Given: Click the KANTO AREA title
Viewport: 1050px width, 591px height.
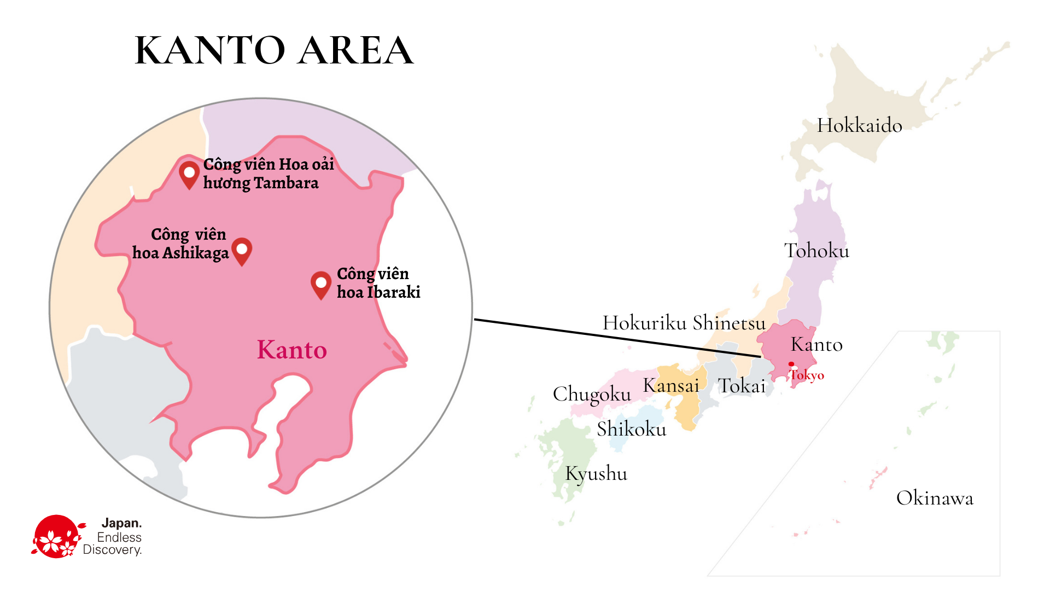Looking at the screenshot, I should click(274, 50).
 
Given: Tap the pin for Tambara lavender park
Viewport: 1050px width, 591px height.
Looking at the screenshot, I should click(189, 174).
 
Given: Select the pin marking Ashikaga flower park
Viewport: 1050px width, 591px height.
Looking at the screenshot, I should click(242, 251).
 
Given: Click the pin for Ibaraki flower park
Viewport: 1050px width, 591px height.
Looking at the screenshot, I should click(321, 284).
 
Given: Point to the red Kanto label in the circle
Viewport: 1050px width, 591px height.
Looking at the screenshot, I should click(292, 350).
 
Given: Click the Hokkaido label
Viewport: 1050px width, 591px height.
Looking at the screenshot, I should click(859, 125).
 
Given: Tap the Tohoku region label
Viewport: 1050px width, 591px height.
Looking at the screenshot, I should click(816, 251).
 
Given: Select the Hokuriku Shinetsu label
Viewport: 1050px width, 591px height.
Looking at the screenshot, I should click(684, 323).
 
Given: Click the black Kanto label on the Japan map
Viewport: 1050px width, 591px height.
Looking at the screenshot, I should click(816, 345).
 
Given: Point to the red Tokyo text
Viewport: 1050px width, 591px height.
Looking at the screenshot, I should click(807, 375).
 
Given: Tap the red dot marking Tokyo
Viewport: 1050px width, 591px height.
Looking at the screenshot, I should click(791, 364).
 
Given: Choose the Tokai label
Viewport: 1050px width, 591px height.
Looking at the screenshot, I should click(742, 386).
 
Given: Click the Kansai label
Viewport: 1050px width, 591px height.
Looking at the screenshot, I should click(671, 385).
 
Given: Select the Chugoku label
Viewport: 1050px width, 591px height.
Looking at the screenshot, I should click(592, 394).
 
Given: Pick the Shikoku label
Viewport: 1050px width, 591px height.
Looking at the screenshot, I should click(632, 429).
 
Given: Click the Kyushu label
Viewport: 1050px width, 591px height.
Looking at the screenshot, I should click(596, 474).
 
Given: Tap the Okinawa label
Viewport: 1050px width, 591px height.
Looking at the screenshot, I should click(935, 499).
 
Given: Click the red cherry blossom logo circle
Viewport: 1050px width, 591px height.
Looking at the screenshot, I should click(56, 537).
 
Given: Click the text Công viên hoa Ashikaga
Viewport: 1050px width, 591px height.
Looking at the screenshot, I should click(180, 244).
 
